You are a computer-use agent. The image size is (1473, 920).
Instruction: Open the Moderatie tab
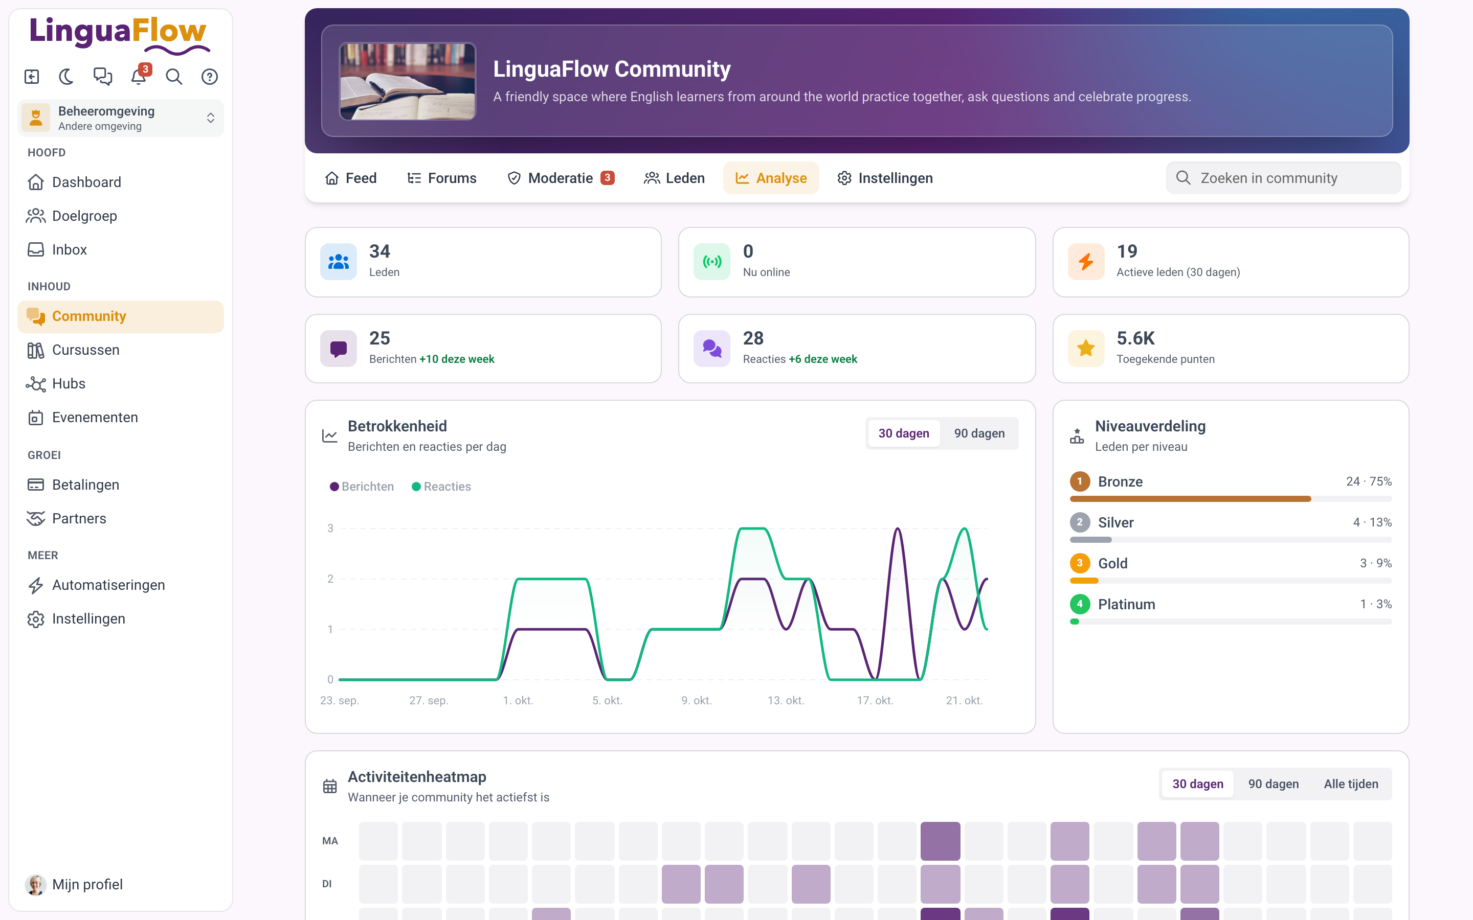[x=561, y=178]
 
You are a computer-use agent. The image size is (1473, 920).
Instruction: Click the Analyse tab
[x=771, y=178]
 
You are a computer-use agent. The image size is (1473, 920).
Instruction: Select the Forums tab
[x=442, y=178]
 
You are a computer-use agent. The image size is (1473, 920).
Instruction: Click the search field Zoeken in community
[x=1283, y=178]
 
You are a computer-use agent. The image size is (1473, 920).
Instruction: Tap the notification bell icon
[x=139, y=77]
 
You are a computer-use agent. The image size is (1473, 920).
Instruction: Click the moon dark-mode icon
[x=66, y=77]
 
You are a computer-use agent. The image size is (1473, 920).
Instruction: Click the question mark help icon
[x=209, y=77]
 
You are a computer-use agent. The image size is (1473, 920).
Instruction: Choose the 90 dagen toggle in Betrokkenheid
[x=979, y=433]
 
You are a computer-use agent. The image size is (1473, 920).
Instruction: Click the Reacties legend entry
[x=441, y=486]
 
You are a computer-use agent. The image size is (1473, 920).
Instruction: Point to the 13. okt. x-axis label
[x=785, y=700]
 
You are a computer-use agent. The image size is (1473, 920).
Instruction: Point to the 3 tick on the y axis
[x=330, y=528]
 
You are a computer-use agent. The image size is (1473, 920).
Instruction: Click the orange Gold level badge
[x=1080, y=563]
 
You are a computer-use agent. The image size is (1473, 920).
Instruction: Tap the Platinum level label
[x=1126, y=604]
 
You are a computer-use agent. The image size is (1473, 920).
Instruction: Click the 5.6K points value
[x=1135, y=338]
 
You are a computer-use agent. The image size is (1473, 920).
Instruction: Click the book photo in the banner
[x=407, y=81]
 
